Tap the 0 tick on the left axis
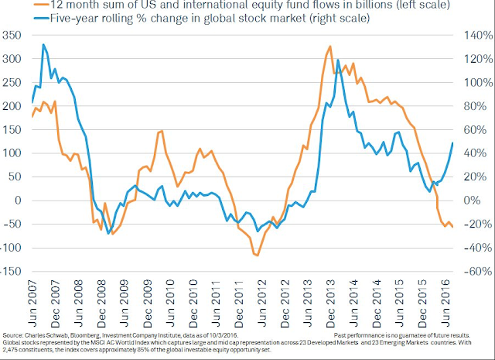click(x=22, y=201)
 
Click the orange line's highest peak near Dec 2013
click(x=330, y=46)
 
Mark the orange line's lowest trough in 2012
click(x=258, y=255)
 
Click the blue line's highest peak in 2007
click(x=43, y=45)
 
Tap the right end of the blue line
click(x=452, y=143)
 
